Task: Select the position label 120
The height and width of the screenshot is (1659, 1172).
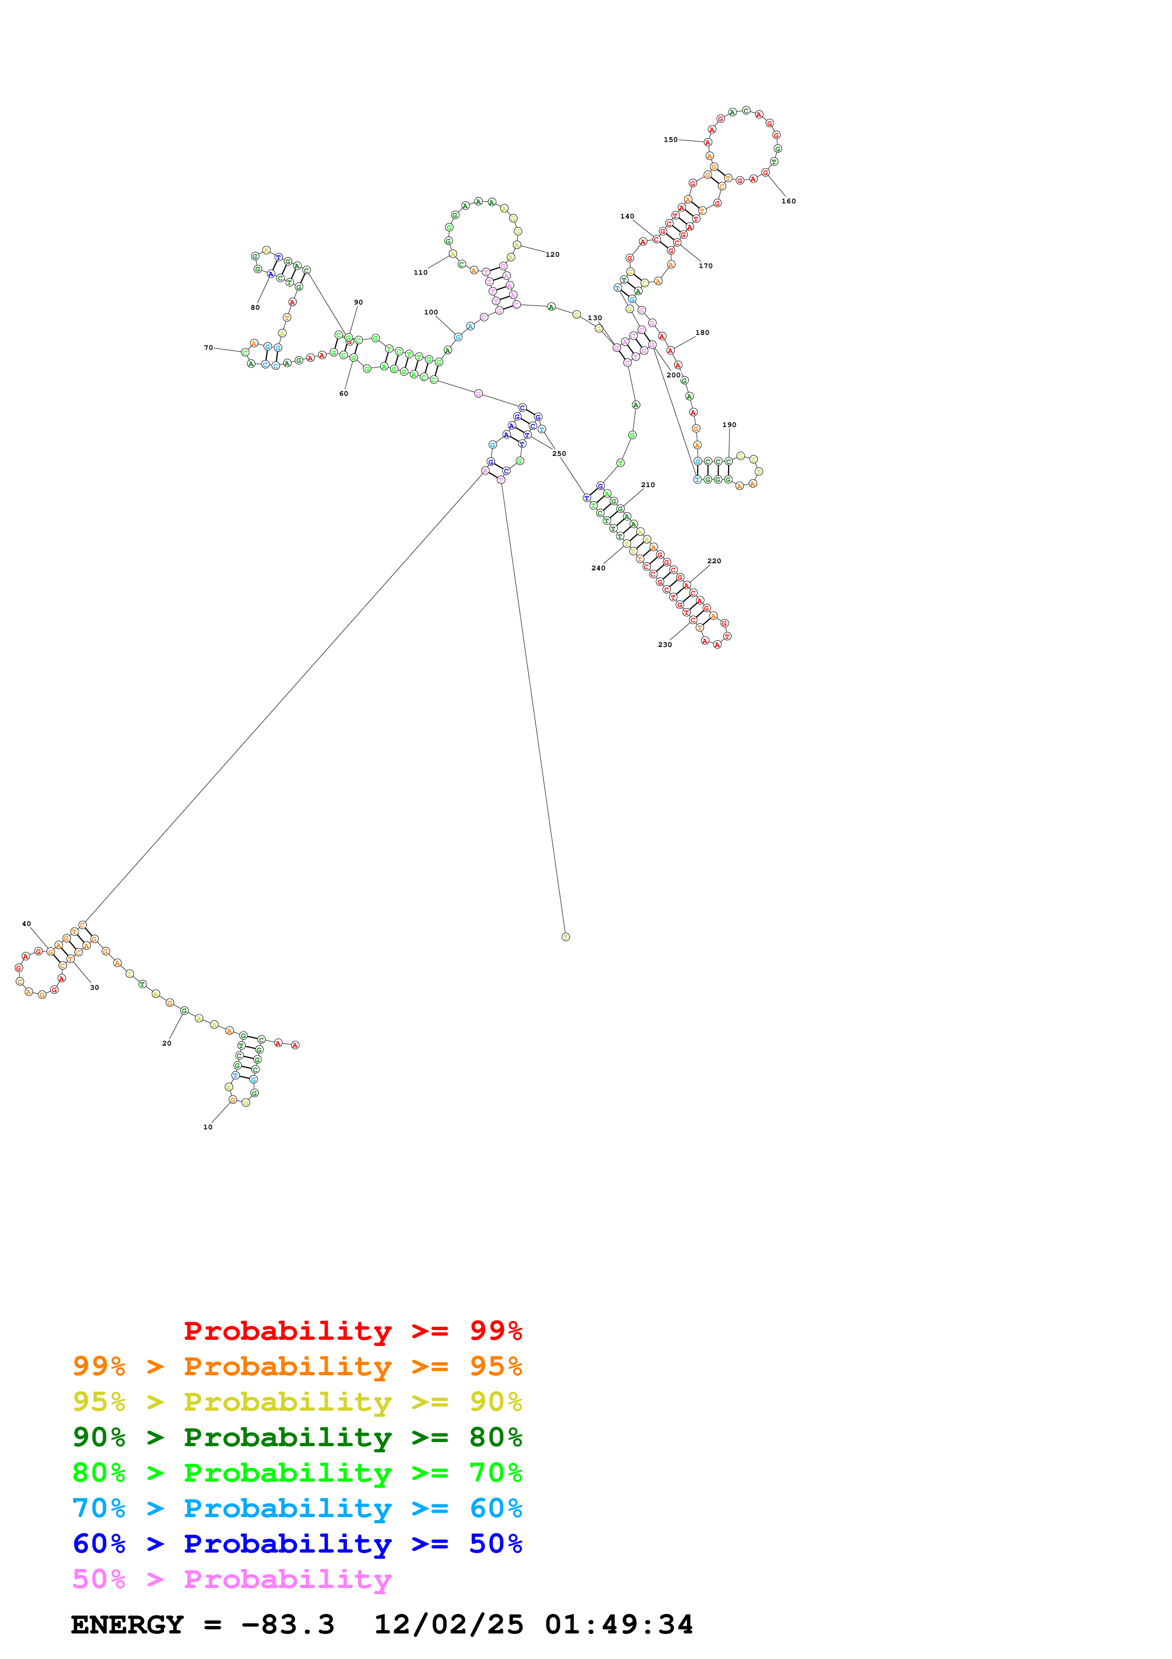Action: tap(552, 254)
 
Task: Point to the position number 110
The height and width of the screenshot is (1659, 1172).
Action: tap(420, 272)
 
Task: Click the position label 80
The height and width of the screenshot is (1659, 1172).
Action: tap(255, 307)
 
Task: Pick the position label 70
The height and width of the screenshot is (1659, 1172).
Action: tap(208, 348)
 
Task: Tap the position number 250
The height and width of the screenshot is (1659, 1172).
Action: tap(559, 454)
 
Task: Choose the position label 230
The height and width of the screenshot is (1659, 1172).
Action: tap(664, 645)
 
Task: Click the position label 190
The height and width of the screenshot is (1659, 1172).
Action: tap(729, 425)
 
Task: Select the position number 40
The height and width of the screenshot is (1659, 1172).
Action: tap(27, 924)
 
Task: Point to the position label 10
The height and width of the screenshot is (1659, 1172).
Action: tap(208, 1126)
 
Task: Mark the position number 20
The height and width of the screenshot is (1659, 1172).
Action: tap(167, 1043)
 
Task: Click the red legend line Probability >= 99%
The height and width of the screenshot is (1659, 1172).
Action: tap(352, 1330)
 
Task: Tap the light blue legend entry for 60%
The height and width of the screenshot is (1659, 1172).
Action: tap(297, 1508)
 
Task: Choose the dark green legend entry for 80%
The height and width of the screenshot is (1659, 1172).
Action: tap(297, 1437)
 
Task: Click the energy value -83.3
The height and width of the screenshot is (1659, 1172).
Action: tap(287, 1624)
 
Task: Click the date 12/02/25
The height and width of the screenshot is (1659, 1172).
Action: tap(449, 1624)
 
